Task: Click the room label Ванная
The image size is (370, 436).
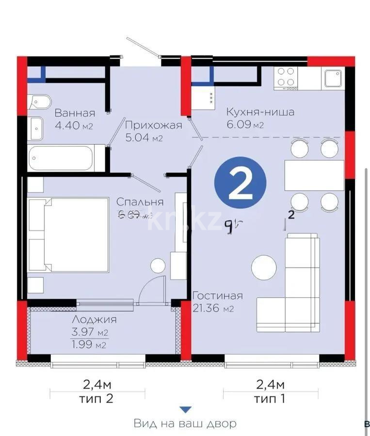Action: (x=74, y=113)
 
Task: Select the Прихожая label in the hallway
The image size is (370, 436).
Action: (x=153, y=125)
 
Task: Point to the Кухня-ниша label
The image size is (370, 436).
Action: (x=260, y=112)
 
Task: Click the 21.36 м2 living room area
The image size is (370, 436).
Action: (x=213, y=308)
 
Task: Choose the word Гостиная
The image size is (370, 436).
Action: (x=217, y=296)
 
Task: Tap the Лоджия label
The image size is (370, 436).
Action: (x=94, y=320)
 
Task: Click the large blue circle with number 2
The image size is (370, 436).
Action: (x=240, y=185)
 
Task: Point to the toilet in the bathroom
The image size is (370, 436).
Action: (x=39, y=102)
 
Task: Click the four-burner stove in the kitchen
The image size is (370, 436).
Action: (x=285, y=78)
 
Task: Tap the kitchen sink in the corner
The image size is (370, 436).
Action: (x=334, y=78)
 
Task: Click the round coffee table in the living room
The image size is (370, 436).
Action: (x=264, y=267)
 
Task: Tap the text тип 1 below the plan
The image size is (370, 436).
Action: (x=270, y=399)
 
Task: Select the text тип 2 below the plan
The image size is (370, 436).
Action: (x=98, y=399)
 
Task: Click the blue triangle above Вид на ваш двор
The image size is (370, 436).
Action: (x=186, y=410)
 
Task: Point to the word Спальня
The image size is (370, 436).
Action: (x=140, y=202)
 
